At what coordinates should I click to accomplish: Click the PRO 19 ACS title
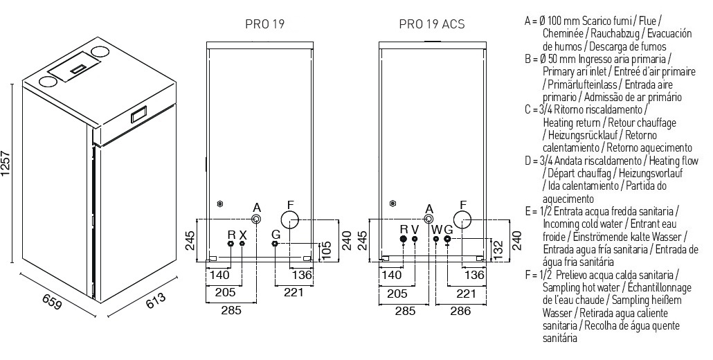431,24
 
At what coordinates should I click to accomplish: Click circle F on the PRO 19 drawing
291,221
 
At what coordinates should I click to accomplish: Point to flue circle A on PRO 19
257,219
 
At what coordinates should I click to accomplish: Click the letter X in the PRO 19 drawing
242,233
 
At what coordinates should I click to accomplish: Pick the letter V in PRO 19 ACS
415,229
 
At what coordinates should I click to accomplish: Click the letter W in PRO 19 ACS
436,229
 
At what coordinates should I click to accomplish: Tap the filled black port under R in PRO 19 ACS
404,240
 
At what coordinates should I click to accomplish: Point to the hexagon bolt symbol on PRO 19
219,204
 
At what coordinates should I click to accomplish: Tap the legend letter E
527,210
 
